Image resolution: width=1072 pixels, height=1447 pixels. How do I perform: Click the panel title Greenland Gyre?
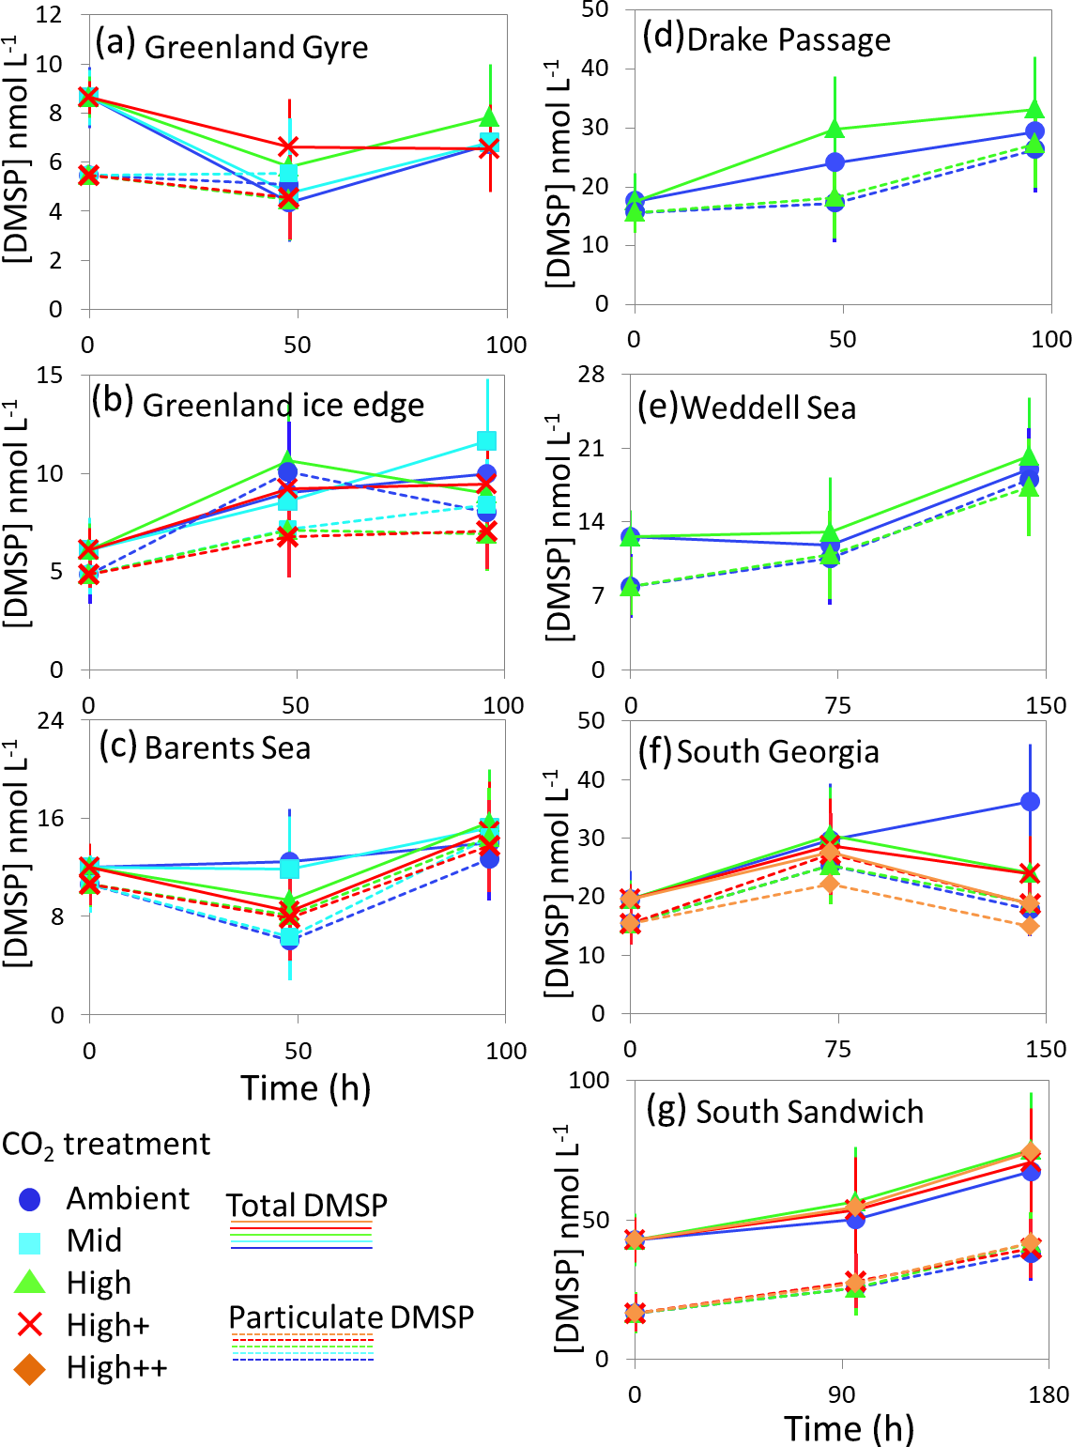click(x=255, y=47)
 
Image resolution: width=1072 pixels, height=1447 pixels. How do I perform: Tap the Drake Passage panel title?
click(x=789, y=39)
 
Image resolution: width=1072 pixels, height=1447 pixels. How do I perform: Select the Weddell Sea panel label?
click(x=768, y=408)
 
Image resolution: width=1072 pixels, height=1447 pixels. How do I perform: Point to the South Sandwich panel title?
click(x=809, y=1112)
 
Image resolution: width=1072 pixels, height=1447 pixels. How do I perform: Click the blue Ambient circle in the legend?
click(x=30, y=1199)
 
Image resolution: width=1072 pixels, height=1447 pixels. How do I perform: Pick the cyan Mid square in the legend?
click(x=30, y=1241)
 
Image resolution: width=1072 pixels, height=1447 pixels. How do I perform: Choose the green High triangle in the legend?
click(x=30, y=1283)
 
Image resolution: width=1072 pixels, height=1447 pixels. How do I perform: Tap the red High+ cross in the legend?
click(x=30, y=1325)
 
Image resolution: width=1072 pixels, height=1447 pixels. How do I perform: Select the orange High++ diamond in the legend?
click(x=30, y=1368)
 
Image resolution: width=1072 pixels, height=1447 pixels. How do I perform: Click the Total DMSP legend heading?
click(x=306, y=1205)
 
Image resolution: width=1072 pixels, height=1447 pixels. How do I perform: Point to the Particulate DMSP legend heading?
click(x=351, y=1317)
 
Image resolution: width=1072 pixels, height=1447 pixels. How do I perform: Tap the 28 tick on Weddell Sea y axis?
click(x=596, y=376)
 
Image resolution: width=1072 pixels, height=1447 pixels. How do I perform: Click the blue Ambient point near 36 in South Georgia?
click(x=1030, y=801)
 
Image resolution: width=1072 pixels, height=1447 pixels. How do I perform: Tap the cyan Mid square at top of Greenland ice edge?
click(x=486, y=440)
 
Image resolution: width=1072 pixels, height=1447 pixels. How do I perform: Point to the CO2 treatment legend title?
click(x=106, y=1145)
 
